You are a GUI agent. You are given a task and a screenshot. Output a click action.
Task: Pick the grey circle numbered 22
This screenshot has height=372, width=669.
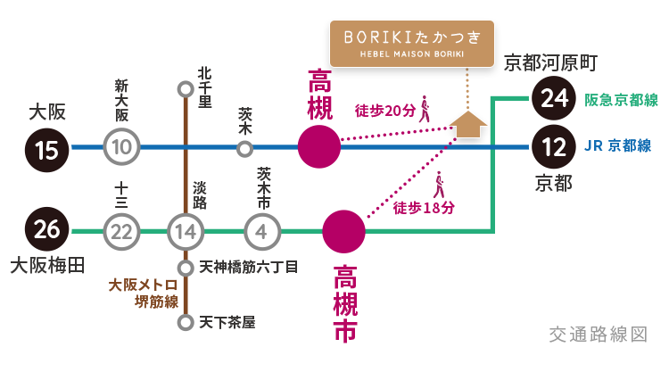123,233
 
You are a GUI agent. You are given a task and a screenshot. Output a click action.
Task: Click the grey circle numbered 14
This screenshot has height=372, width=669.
186,233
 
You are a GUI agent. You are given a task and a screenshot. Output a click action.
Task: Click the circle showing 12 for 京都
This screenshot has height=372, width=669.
553,147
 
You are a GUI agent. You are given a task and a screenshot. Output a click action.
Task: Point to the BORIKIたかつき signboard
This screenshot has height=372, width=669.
412,43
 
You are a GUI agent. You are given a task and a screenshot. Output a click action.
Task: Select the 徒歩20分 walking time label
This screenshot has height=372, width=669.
385,111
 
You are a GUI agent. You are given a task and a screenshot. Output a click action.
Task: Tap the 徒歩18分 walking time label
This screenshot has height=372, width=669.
424,207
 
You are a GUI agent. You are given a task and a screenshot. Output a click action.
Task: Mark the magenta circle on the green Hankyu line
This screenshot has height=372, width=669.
343,232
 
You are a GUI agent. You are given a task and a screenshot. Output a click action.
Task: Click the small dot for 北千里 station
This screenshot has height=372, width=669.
185,88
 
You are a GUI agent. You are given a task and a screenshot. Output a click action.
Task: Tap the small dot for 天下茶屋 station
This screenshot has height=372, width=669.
185,322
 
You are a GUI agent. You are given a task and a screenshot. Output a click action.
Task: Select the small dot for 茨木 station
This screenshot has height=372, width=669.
244,148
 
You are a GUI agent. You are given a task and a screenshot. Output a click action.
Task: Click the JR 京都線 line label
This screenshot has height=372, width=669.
617,146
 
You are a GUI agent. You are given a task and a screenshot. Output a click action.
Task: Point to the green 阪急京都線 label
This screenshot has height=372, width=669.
621,100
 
